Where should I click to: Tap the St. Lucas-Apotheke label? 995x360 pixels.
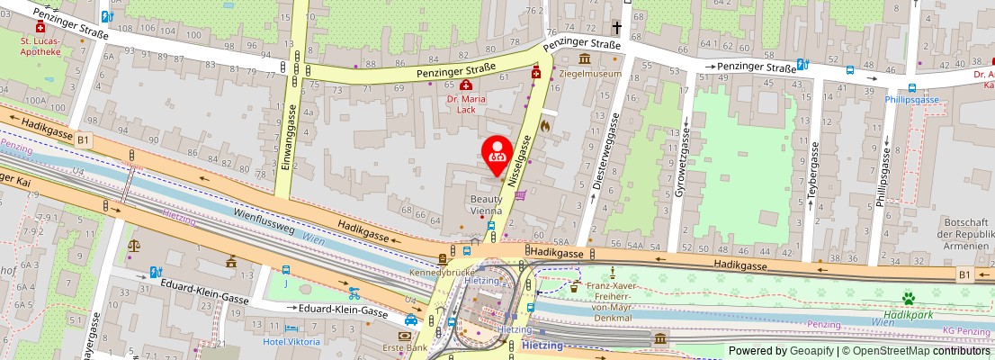[x=41, y=46]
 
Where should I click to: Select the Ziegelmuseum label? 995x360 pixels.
[x=590, y=74]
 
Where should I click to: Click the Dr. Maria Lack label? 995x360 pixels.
[x=465, y=104]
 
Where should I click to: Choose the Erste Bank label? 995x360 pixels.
[x=405, y=347]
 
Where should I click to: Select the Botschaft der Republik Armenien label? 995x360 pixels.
[x=963, y=233]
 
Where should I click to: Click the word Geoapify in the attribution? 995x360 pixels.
[x=813, y=351]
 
